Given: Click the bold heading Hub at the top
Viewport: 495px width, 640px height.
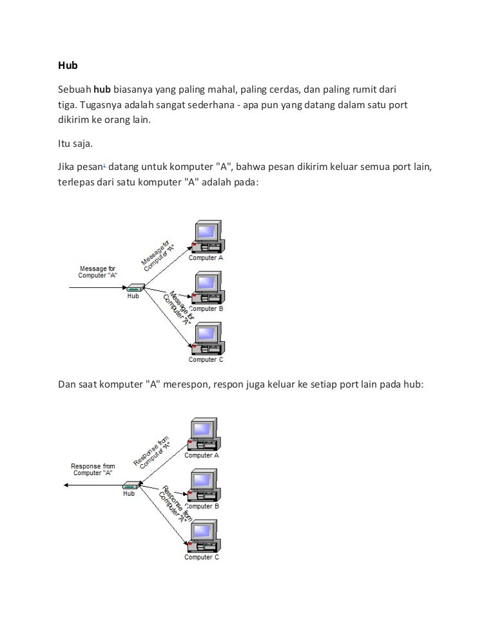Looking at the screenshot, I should (x=68, y=66).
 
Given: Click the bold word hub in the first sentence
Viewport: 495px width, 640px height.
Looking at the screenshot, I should (x=103, y=88).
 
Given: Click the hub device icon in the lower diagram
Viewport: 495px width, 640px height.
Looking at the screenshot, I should (x=130, y=485).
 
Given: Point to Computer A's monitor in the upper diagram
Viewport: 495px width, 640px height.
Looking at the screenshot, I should (x=208, y=232).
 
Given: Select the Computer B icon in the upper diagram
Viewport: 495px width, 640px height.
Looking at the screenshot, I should (x=207, y=288).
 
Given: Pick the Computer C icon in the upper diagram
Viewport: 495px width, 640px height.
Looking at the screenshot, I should (x=207, y=339).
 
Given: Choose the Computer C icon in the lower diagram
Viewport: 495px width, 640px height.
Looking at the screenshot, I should (x=202, y=536).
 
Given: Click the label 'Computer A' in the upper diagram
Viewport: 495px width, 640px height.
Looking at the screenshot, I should (x=206, y=258).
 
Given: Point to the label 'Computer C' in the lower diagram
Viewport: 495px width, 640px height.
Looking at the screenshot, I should (x=202, y=558).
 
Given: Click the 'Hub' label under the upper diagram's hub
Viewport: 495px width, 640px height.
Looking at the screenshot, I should (x=133, y=296).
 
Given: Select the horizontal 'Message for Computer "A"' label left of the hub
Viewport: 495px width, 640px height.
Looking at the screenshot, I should (x=98, y=272).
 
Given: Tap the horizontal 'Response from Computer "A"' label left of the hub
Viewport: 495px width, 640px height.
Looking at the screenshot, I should (x=93, y=469).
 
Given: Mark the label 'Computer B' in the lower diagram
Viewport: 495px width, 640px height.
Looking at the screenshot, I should (x=202, y=506).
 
